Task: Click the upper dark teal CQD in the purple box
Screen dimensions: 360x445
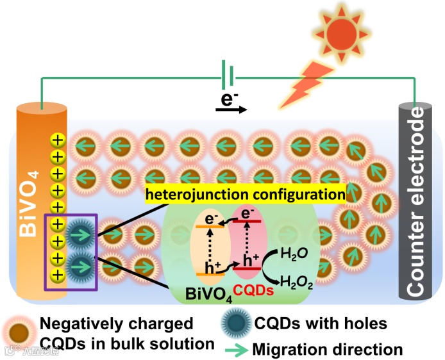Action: coord(80,234)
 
